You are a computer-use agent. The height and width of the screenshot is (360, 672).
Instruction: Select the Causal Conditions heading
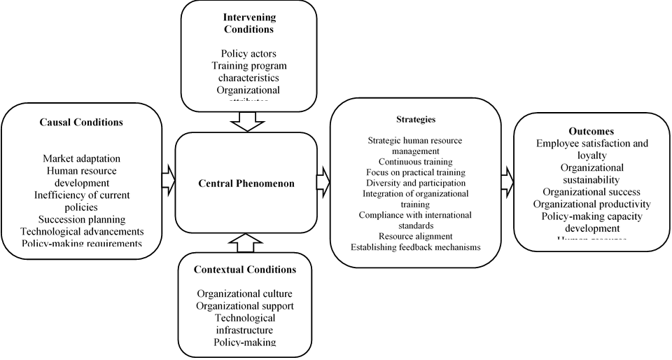coord(81,121)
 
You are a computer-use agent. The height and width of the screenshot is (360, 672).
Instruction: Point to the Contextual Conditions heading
coord(244,270)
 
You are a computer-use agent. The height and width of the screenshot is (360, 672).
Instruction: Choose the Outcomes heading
coord(591,131)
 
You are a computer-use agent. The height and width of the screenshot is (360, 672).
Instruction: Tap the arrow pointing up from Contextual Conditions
coord(244,242)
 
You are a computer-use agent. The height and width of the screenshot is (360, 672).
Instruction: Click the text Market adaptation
coord(81,158)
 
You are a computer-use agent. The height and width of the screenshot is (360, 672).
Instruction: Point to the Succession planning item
coord(82,219)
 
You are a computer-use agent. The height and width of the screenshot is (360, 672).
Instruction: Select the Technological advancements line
coord(82,231)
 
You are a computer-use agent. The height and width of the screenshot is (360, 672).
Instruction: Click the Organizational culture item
coord(244,294)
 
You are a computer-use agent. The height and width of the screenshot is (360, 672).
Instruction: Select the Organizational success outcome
coord(591,192)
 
